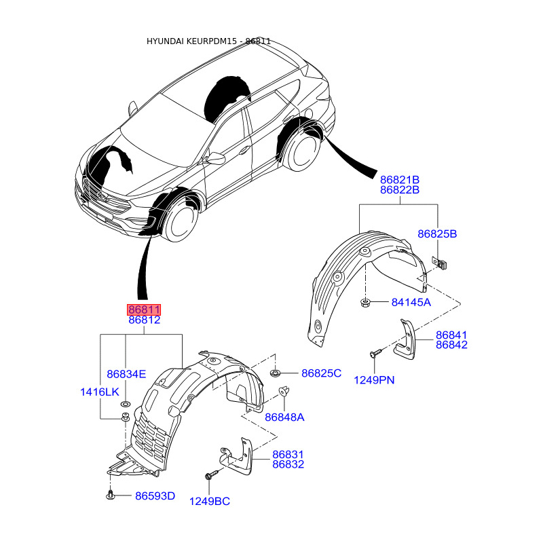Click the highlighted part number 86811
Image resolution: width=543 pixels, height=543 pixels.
click(144, 310)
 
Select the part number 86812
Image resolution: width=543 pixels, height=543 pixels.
click(145, 320)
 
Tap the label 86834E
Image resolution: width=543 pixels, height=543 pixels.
click(126, 374)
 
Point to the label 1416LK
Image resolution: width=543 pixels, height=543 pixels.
click(100, 392)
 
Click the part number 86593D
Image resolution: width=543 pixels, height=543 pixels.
click(155, 496)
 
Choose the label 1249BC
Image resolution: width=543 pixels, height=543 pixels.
click(210, 501)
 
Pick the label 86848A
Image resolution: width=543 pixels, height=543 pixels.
click(284, 417)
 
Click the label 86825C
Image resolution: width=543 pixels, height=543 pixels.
click(321, 373)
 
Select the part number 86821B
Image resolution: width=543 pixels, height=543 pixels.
click(400, 180)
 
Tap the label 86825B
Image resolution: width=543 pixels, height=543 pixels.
click(437, 233)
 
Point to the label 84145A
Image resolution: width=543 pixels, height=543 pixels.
click(411, 302)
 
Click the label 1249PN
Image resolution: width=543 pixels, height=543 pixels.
click(375, 380)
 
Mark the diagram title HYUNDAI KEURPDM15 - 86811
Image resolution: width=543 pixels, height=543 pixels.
click(208, 41)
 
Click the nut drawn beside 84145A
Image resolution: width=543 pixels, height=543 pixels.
click(365, 303)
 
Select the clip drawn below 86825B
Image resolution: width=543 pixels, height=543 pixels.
click(439, 263)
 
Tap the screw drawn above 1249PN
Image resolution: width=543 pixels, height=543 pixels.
click(376, 353)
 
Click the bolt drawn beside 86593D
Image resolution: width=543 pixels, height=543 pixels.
click(110, 495)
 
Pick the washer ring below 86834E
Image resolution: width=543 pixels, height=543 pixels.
click(126, 403)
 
